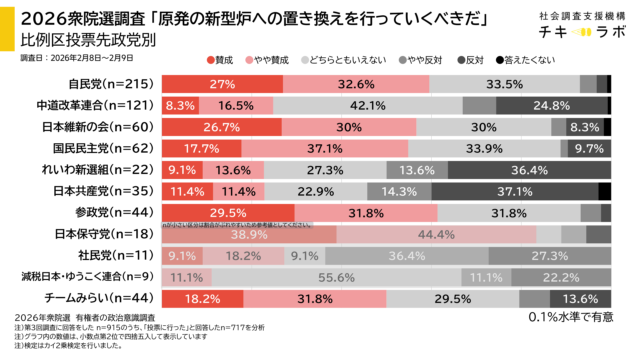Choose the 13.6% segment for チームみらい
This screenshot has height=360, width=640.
(581, 298)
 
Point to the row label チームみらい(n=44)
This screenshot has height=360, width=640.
(96, 298)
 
